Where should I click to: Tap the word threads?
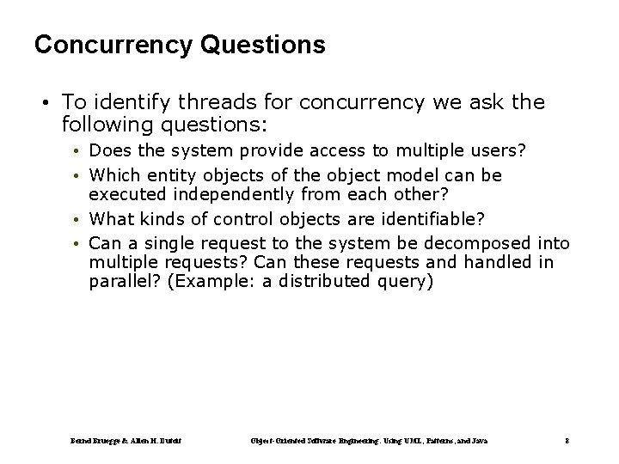(x=195, y=103)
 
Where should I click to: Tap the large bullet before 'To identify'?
(x=42, y=104)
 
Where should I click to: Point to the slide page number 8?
(x=568, y=440)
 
